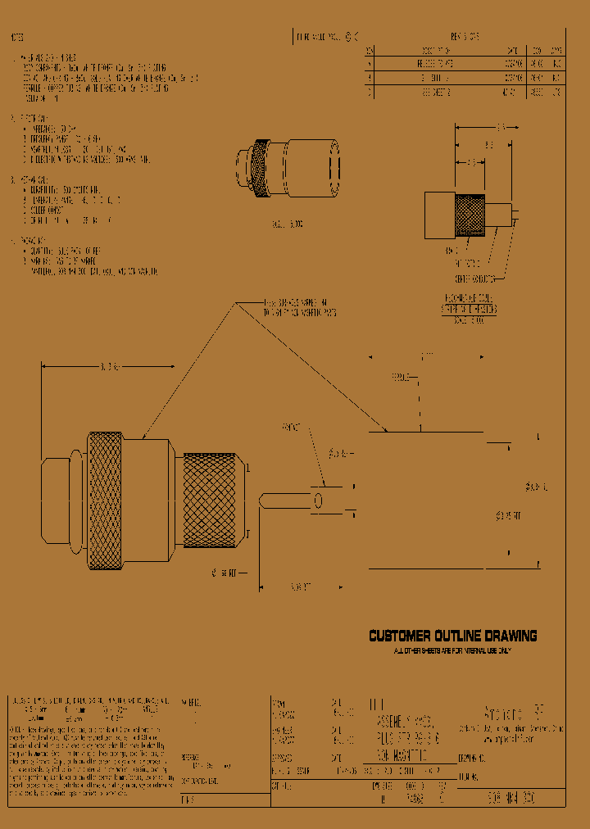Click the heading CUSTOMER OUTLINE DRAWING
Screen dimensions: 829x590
(452, 636)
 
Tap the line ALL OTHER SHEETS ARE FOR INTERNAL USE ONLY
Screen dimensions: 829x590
(452, 650)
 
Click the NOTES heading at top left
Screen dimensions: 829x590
(16, 39)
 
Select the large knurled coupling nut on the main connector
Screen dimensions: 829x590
(107, 501)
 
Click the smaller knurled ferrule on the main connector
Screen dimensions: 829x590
(215, 501)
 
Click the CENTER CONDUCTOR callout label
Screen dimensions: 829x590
(473, 278)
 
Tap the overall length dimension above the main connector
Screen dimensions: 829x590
(107, 366)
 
